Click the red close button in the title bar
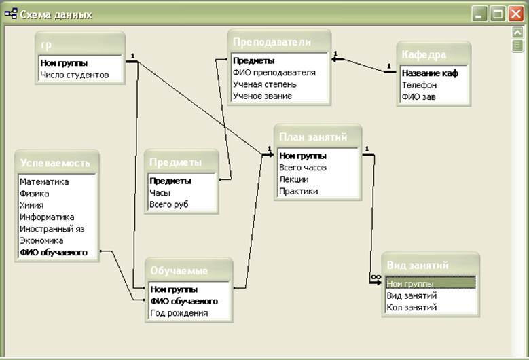coord(516,14)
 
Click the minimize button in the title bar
coord(481,14)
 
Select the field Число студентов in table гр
coord(74,75)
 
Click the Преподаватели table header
coord(272,42)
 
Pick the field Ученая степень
coord(263,84)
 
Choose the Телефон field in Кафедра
coord(418,85)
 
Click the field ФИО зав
coord(418,96)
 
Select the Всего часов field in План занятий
coord(303,167)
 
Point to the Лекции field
coord(293,179)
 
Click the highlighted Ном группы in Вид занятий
coord(410,284)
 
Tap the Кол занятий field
coord(412,307)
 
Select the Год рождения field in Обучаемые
coord(179,313)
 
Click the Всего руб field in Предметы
coord(168,204)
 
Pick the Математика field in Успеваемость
coord(44,181)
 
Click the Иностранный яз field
coord(52,229)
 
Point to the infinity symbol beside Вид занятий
coord(375,277)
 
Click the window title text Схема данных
coord(57,14)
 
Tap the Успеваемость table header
coord(54,163)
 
